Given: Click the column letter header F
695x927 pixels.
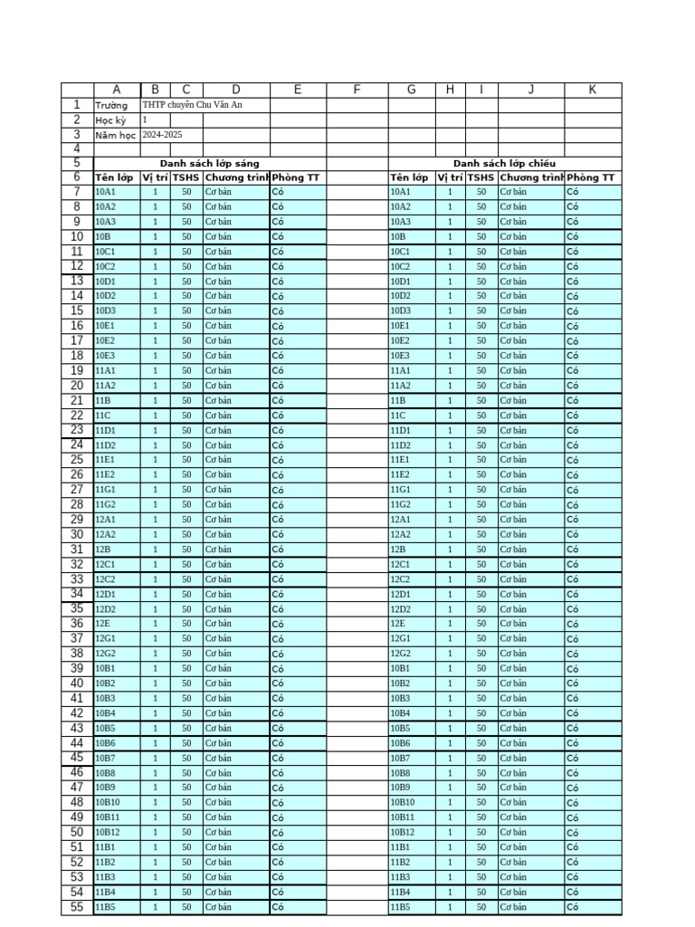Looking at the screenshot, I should pyautogui.click(x=357, y=90).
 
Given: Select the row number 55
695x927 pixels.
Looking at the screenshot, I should pyautogui.click(x=77, y=907).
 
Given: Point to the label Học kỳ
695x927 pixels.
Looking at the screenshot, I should pyautogui.click(x=111, y=120).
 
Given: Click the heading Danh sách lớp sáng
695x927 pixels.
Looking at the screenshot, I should pyautogui.click(x=209, y=164).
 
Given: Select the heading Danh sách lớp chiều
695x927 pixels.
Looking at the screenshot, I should pyautogui.click(x=504, y=164).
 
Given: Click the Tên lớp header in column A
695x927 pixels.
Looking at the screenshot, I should pyautogui.click(x=114, y=178).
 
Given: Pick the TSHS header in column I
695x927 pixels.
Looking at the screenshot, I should pyautogui.click(x=481, y=178).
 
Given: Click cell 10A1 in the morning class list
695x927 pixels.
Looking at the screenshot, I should pyautogui.click(x=106, y=192).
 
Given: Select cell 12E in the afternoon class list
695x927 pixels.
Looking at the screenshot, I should pyautogui.click(x=399, y=624).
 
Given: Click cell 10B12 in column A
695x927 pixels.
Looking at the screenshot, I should pyautogui.click(x=108, y=832).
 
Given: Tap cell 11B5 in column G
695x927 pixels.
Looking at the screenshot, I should pyautogui.click(x=401, y=907).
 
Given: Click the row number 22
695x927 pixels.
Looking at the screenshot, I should pyautogui.click(x=77, y=416).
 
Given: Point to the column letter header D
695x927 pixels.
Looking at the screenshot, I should pyautogui.click(x=235, y=90).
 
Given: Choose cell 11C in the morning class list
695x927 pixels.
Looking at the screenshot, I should pyautogui.click(x=103, y=416).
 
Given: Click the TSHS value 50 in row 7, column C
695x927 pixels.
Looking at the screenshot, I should pyautogui.click(x=186, y=192).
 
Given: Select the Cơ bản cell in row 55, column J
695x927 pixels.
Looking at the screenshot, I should pyautogui.click(x=513, y=907).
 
